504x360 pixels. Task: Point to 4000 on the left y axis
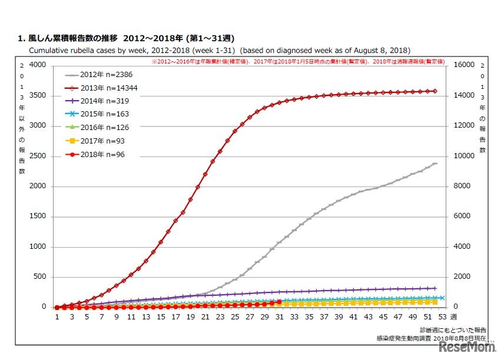point(37,65)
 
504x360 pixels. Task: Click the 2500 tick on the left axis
point(37,156)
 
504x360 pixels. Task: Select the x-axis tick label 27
point(250,317)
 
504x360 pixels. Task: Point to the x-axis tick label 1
point(57,317)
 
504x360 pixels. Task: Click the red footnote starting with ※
point(298,61)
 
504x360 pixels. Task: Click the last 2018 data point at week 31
point(279,302)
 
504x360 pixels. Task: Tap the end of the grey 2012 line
point(435,164)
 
